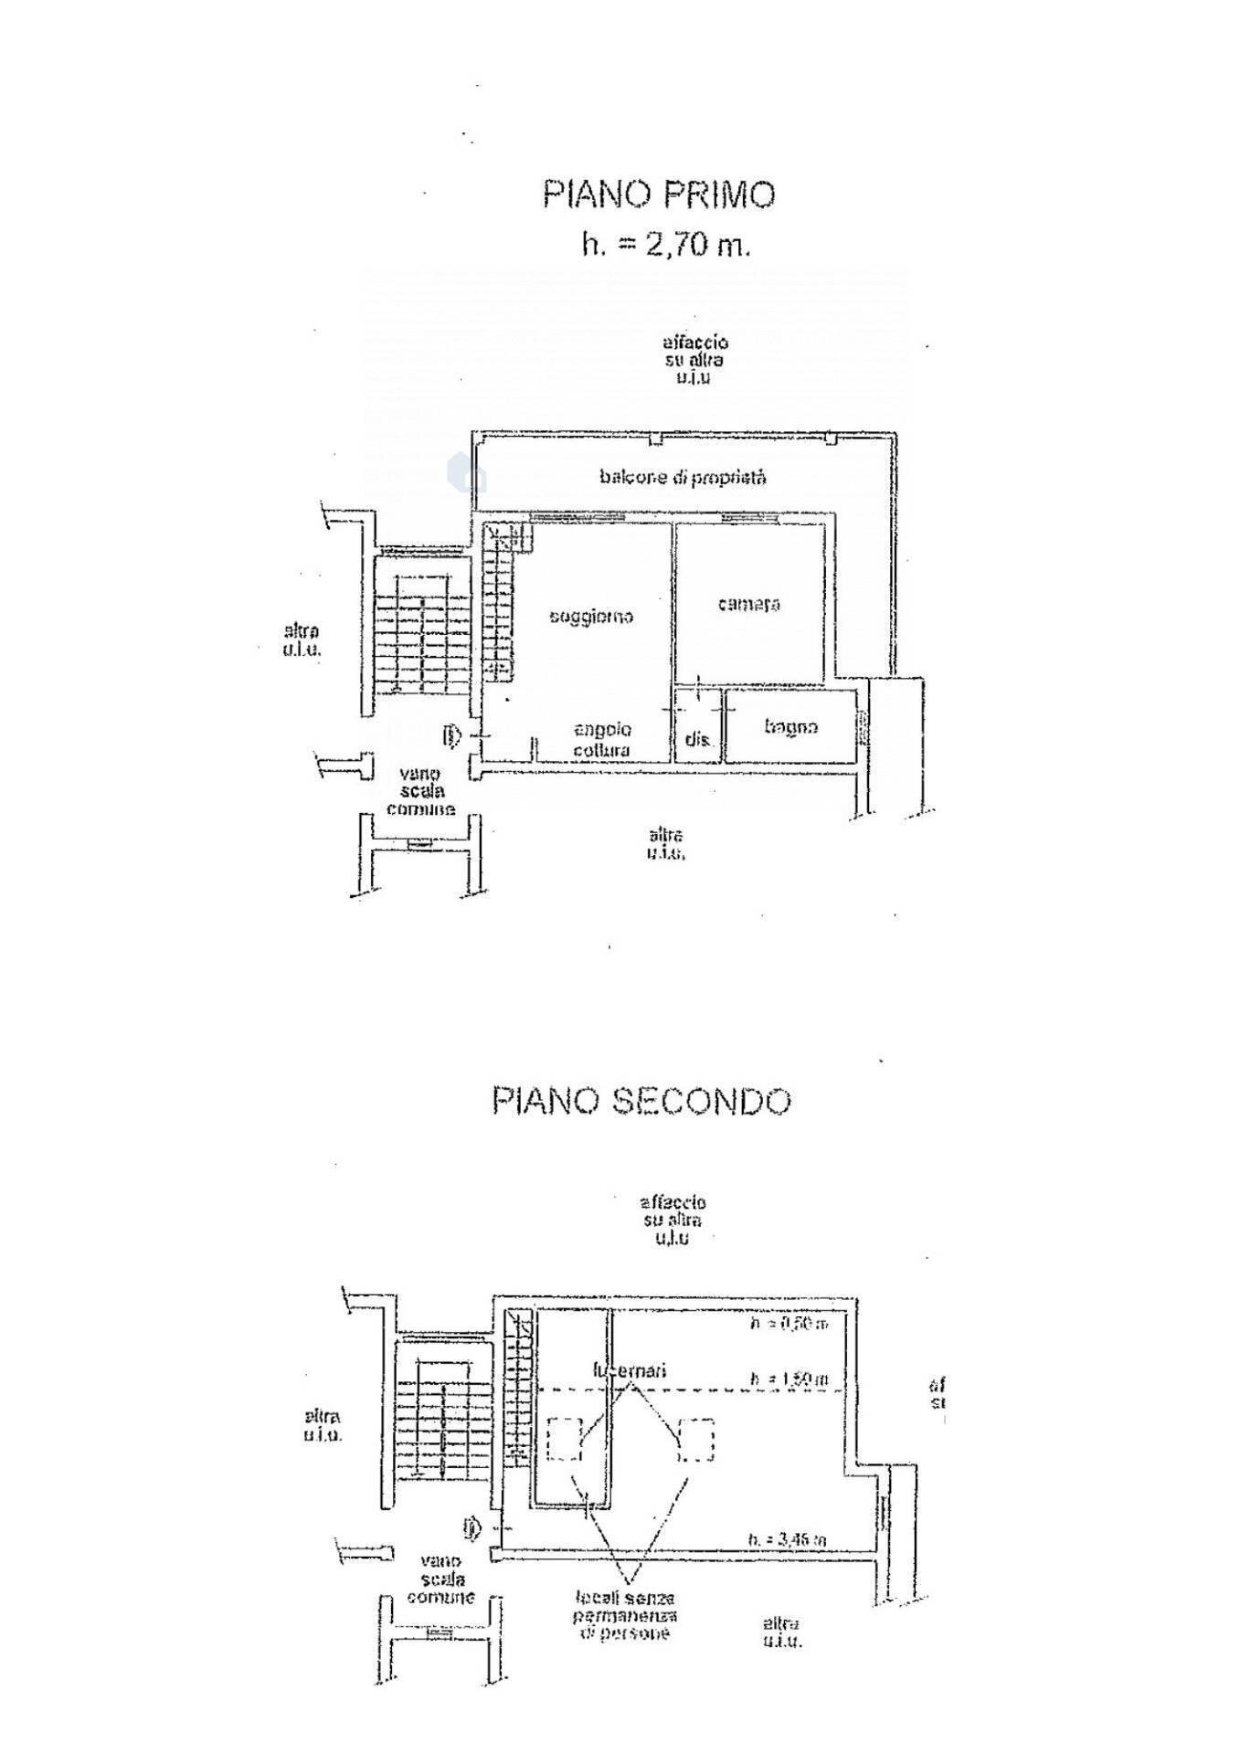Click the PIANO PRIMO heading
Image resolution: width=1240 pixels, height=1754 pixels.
[658, 195]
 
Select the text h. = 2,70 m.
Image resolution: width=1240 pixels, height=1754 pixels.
[666, 245]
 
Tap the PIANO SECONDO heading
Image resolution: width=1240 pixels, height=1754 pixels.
[641, 1101]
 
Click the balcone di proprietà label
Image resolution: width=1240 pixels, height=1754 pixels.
[683, 477]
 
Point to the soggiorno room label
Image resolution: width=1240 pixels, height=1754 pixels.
[591, 617]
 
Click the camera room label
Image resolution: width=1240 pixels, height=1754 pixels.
[748, 604]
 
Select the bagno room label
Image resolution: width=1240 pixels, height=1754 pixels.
[790, 727]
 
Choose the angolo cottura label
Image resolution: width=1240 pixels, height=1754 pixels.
[602, 740]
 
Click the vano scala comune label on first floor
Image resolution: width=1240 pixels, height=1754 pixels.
[420, 791]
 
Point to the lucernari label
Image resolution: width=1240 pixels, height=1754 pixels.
[629, 1370]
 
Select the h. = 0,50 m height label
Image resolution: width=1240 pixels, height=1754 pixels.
[789, 1324]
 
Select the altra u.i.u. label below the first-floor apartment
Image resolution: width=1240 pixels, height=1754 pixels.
[665, 843]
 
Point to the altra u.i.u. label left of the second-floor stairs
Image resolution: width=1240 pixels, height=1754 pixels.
[323, 1425]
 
